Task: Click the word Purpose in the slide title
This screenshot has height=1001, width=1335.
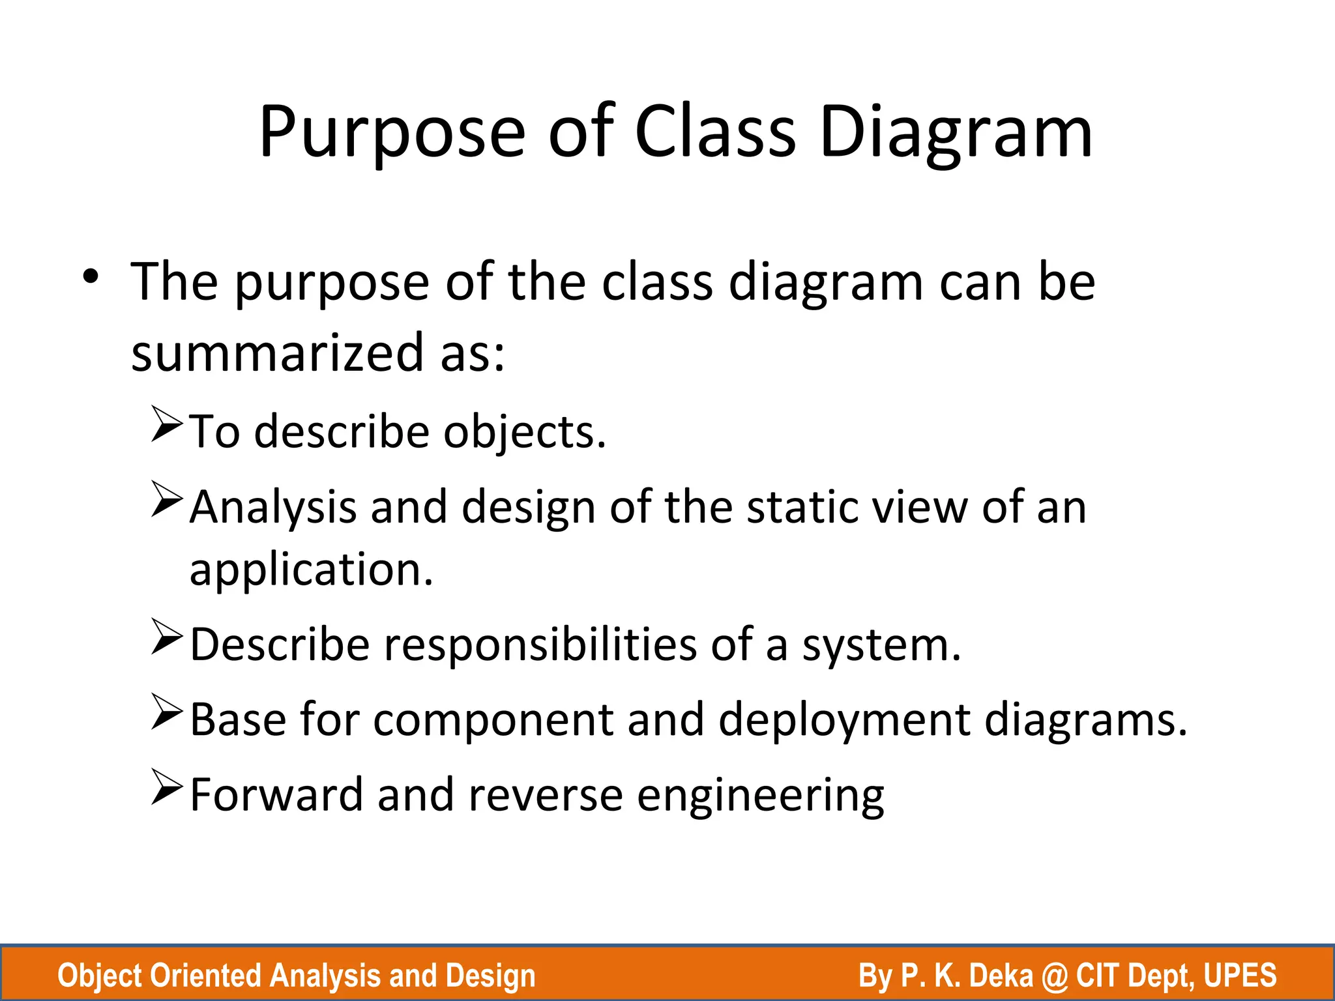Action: (x=392, y=133)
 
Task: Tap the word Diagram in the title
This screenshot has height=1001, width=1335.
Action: (x=956, y=133)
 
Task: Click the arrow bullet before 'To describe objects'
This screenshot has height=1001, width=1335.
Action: (x=166, y=424)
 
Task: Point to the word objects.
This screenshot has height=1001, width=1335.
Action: (x=525, y=433)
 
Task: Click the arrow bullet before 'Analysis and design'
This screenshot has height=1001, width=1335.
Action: (x=166, y=499)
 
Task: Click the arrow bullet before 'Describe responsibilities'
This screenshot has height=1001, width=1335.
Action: (x=166, y=637)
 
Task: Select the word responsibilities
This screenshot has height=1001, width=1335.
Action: (x=540, y=645)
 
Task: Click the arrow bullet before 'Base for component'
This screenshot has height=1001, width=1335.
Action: (x=166, y=712)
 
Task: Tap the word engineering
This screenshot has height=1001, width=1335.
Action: (x=760, y=796)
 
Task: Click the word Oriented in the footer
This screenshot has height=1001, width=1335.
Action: (x=205, y=976)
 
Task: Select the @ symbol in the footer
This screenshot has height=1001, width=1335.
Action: (x=1055, y=976)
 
